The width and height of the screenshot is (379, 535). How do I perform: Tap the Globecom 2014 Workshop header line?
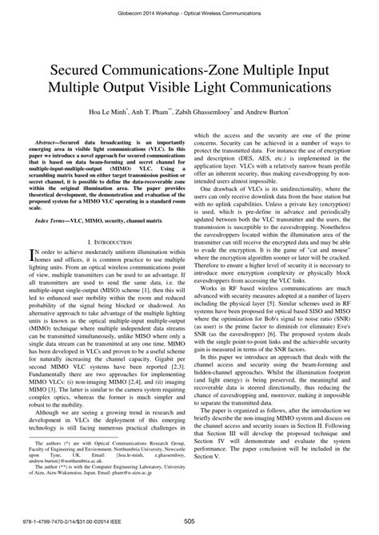189,8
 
